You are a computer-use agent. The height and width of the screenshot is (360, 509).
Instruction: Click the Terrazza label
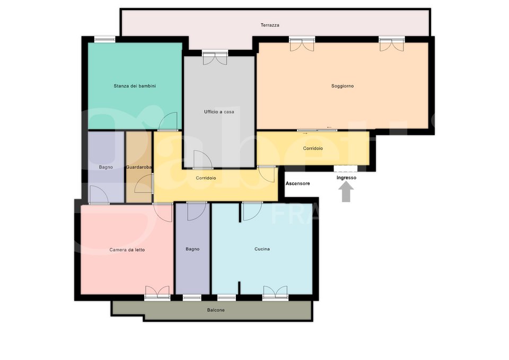coord(270,25)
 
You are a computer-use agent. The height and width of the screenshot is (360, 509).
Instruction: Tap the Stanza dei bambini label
coord(135,86)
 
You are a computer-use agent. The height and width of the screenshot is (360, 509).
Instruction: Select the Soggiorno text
coord(343,86)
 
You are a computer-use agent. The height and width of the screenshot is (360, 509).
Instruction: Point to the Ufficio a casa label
coord(219,112)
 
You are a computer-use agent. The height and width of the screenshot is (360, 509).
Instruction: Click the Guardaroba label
coord(138,167)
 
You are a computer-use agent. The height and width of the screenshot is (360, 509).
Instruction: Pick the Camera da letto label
coord(127,250)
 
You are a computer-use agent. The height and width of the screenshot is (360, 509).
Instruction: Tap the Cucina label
coord(262,249)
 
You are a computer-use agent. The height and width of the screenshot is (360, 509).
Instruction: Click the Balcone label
coord(216,310)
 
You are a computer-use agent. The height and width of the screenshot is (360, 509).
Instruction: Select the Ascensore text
coord(297,183)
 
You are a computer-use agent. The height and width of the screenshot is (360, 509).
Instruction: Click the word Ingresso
coord(346,178)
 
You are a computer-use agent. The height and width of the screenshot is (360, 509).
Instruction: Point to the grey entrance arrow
coord(346,191)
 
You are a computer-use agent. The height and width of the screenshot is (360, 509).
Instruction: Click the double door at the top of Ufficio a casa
coord(215,58)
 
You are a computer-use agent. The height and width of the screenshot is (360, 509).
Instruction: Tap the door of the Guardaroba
coord(144,184)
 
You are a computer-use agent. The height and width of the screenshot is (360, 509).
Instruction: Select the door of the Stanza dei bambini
coord(168,121)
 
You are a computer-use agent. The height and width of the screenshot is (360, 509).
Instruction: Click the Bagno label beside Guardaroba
coord(106,167)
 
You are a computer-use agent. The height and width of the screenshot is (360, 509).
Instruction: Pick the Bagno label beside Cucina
coord(192,249)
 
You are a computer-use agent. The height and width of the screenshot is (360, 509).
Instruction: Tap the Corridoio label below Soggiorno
coord(313,148)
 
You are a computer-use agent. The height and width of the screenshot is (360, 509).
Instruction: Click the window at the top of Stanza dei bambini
coord(104,39)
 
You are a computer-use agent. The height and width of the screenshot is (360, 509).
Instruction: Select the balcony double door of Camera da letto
coord(157,293)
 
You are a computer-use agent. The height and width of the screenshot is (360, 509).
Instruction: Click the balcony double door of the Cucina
coord(275,293)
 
